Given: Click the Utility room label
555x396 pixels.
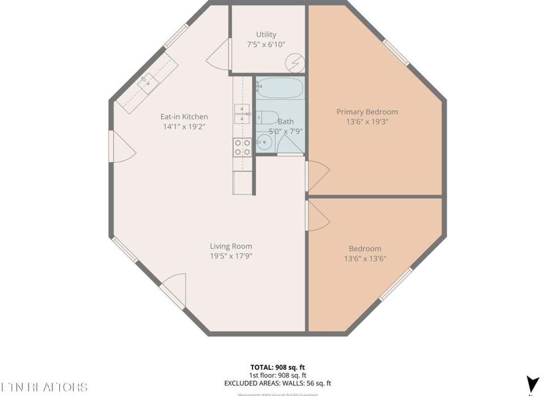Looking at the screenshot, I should click(266, 35).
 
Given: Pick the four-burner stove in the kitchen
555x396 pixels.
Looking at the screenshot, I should click(242, 147).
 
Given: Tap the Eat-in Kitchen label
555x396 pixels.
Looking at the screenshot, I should click(184, 116).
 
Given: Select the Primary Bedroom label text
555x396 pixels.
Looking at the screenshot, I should click(367, 112).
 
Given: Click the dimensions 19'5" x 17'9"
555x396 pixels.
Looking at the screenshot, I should click(231, 256).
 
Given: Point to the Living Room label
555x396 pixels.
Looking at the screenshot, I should click(231, 246).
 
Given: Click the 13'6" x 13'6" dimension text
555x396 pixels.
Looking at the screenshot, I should click(365, 258).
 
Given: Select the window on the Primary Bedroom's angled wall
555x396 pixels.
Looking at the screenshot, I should click(396, 52).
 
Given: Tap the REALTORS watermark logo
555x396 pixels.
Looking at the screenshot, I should click(44, 387).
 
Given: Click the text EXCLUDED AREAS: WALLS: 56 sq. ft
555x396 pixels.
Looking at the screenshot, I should click(277, 383).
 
